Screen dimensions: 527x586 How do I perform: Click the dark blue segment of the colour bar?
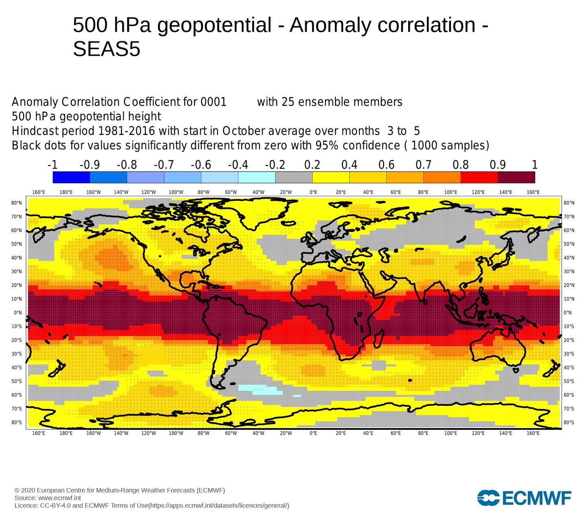click(x=71, y=177)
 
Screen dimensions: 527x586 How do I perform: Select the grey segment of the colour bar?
click(x=294, y=177)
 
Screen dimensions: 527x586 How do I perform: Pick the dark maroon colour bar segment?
click(x=516, y=177)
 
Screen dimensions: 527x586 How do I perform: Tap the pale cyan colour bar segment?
click(x=256, y=177)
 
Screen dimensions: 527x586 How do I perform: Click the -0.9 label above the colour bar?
click(x=90, y=165)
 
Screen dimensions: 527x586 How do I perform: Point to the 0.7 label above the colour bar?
click(x=423, y=165)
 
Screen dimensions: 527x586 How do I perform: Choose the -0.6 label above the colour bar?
click(x=201, y=165)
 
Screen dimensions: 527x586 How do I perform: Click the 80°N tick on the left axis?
click(x=17, y=203)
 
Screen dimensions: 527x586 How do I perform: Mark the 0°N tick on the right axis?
click(x=568, y=313)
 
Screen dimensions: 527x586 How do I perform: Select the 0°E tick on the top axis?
click(x=313, y=192)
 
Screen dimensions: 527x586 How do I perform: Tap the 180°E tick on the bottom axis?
click(x=66, y=433)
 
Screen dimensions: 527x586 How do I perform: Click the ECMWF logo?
click(x=524, y=498)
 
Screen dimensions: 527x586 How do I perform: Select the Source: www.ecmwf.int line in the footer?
click(x=48, y=498)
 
